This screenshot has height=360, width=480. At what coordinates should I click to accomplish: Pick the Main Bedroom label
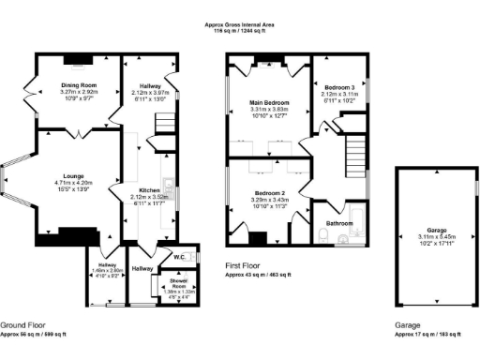pyautogui.click(x=270, y=102)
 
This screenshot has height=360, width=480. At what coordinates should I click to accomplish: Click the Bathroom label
pyautogui.click(x=338, y=223)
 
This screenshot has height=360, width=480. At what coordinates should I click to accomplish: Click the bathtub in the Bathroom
pyautogui.click(x=345, y=237)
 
